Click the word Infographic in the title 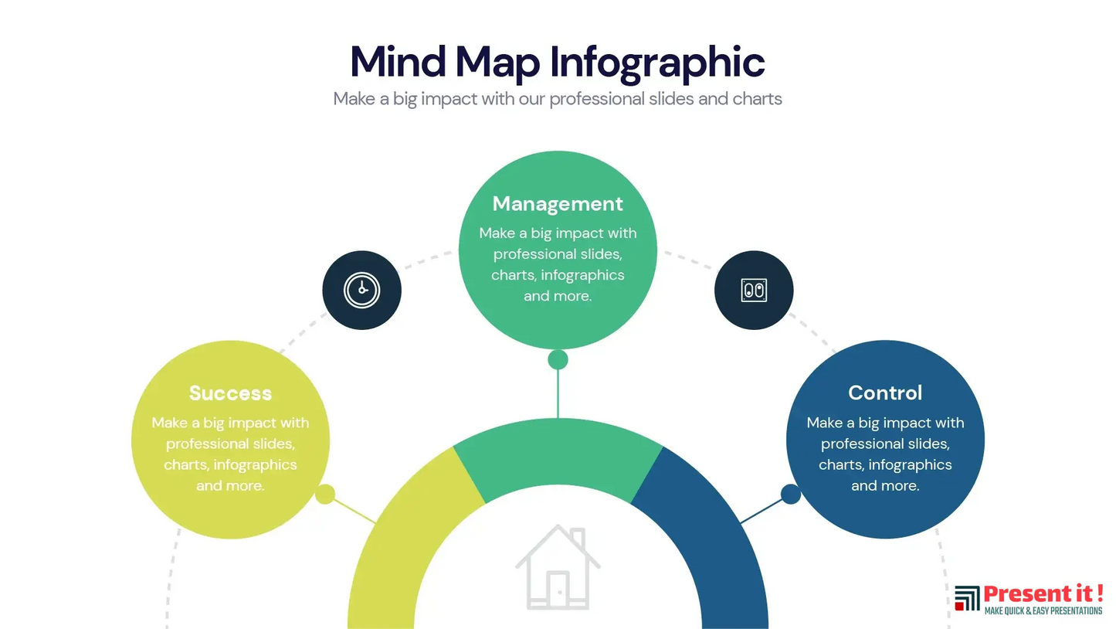pyautogui.click(x=657, y=63)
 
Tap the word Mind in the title pyautogui.click(x=398, y=62)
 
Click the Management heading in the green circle pyautogui.click(x=558, y=204)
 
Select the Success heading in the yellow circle pyautogui.click(x=230, y=393)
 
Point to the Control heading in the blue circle pyautogui.click(x=885, y=393)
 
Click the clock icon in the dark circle pyautogui.click(x=361, y=290)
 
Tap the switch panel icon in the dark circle pyautogui.click(x=754, y=290)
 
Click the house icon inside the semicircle pyautogui.click(x=558, y=567)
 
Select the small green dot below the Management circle pyautogui.click(x=558, y=359)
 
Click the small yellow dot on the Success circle pyautogui.click(x=325, y=494)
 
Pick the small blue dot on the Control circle pyautogui.click(x=791, y=494)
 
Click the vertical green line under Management pyautogui.click(x=558, y=394)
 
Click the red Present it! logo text pyautogui.click(x=1043, y=593)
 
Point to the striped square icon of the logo pyautogui.click(x=967, y=598)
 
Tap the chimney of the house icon pyautogui.click(x=578, y=537)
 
